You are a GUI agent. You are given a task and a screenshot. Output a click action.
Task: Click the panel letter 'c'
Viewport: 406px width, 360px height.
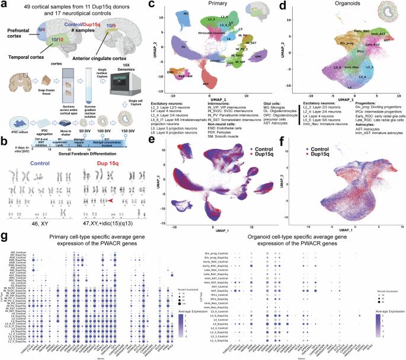point(152,5)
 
